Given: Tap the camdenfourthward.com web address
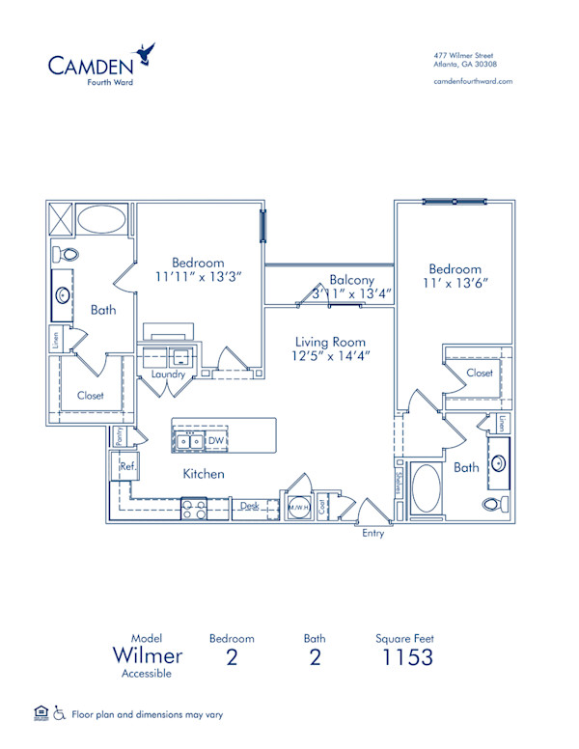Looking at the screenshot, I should pyautogui.click(x=473, y=82).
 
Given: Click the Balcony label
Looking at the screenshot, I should pyautogui.click(x=351, y=279).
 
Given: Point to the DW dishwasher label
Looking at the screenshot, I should pyautogui.click(x=218, y=441).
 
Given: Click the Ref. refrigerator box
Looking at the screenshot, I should pyautogui.click(x=126, y=465).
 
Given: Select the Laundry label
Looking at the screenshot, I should pyautogui.click(x=168, y=374).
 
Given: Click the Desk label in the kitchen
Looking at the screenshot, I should pyautogui.click(x=249, y=505).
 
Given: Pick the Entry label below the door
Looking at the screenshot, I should pyautogui.click(x=372, y=533).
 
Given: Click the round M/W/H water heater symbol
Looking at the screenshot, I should pyautogui.click(x=298, y=507).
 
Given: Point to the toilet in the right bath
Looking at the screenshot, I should pyautogui.click(x=492, y=505).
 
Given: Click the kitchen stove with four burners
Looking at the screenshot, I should pyautogui.click(x=193, y=508).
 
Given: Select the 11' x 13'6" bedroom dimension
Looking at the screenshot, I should pyautogui.click(x=455, y=285).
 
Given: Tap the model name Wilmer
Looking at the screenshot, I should pyautogui.click(x=148, y=656).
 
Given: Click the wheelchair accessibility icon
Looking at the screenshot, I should pyautogui.click(x=59, y=714).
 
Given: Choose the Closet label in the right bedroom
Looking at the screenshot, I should pyautogui.click(x=480, y=373).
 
